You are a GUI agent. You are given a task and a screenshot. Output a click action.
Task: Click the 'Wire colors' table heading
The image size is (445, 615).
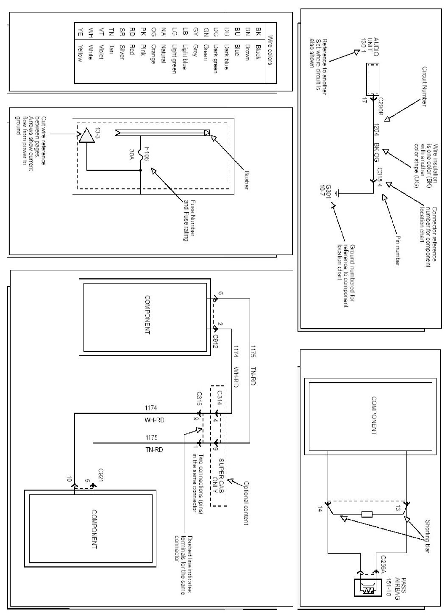tap(270, 54)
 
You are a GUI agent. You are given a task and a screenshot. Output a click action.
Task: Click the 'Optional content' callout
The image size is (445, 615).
tap(245, 502)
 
